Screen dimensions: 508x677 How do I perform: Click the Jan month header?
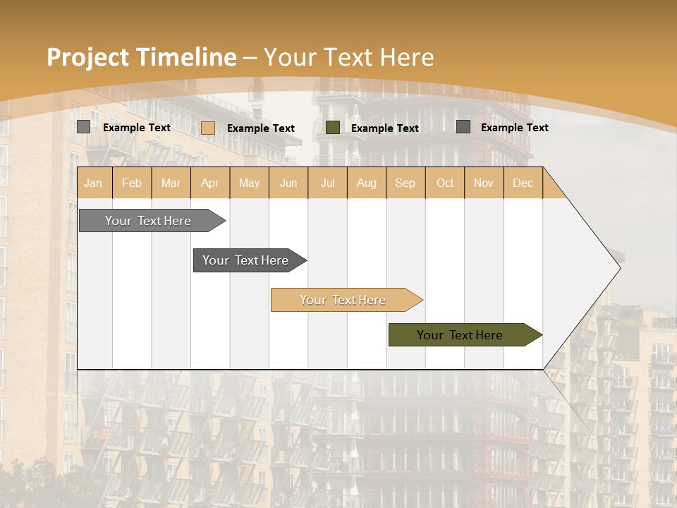pos(93,183)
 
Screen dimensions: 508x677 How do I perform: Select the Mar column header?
pos(171,183)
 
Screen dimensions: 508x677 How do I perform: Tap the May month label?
pos(249,183)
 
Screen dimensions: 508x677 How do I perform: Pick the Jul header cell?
pos(327,183)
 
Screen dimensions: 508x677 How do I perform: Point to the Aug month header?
pos(366,183)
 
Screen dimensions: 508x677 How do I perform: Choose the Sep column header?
pos(405,183)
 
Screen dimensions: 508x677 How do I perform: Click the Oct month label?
pos(445,183)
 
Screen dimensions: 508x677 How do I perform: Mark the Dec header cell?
pos(523,183)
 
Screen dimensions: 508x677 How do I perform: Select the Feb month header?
pos(132,183)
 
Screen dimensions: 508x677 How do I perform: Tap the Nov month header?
pos(484,183)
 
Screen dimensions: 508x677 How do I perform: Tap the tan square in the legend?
pos(207,128)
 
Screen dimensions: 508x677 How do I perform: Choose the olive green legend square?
pos(333,128)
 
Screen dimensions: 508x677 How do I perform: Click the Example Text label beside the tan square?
pos(261,128)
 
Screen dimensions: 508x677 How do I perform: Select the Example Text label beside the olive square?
pos(385,128)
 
